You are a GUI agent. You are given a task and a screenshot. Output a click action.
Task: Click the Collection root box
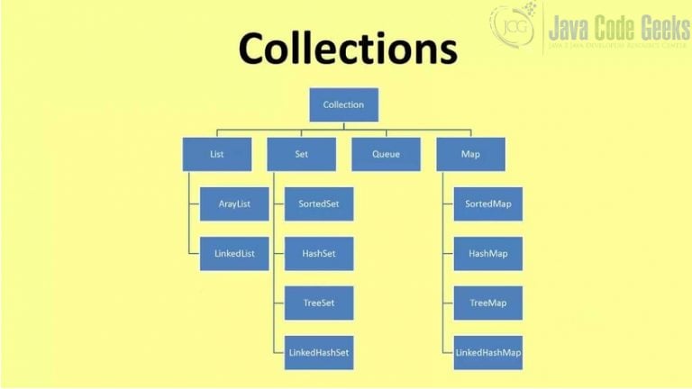point(344,104)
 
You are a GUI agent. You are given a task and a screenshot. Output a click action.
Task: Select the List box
point(217,154)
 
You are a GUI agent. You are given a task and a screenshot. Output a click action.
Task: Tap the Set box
point(302,154)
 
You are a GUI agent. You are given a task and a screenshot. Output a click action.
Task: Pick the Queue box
point(387,154)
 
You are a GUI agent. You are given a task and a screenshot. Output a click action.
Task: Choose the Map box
point(471,154)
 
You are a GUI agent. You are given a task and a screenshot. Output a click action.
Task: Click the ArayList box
point(234,204)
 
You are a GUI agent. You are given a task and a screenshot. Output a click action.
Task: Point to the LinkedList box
point(234,254)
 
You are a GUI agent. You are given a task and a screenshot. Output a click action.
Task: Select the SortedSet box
point(319,204)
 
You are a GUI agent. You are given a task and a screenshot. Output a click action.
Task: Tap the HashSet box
point(319,254)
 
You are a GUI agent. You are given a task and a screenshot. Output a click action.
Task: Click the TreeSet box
point(319,303)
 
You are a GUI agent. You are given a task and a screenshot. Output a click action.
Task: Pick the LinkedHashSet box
point(319,353)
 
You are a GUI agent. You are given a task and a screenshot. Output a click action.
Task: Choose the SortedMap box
point(488,204)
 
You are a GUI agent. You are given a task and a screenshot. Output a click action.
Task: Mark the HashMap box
point(488,254)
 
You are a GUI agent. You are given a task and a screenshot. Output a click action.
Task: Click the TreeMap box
point(488,303)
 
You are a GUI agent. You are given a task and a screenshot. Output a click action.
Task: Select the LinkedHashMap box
point(488,353)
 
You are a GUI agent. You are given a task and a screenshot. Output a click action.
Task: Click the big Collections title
point(348,48)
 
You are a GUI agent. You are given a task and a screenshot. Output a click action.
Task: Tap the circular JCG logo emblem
point(514,25)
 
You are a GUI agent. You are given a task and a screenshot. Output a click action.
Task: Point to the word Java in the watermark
point(568,27)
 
